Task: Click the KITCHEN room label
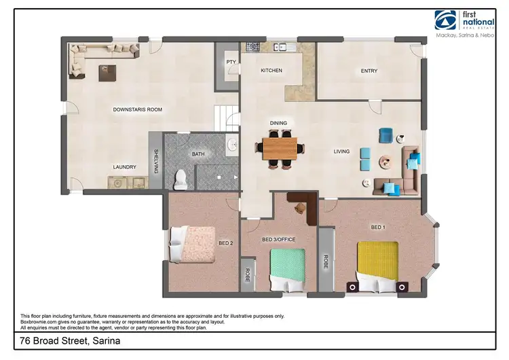click(x=271, y=71)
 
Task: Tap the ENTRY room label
click(x=369, y=71)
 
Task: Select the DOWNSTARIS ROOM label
click(x=137, y=109)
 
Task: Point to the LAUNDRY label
click(x=125, y=167)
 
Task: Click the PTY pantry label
click(x=231, y=62)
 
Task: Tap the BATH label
click(x=198, y=154)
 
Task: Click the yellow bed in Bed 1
click(x=378, y=266)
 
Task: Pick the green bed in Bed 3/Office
click(x=288, y=268)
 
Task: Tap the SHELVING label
click(x=156, y=161)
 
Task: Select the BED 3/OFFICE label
click(x=279, y=239)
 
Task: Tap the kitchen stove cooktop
click(x=254, y=48)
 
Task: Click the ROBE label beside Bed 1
click(x=326, y=261)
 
